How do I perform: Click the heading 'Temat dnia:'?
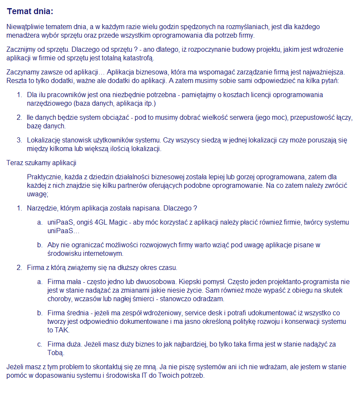click(x=30, y=11)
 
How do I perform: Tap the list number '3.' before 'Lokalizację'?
click(x=19, y=140)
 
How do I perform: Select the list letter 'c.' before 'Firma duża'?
click(x=39, y=344)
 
